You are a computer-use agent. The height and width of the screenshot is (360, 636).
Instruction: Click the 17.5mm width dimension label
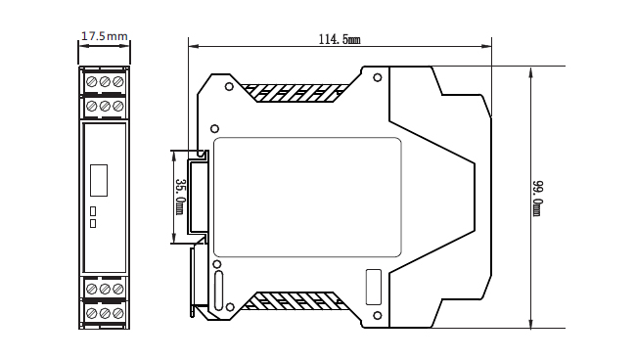pyautogui.click(x=104, y=36)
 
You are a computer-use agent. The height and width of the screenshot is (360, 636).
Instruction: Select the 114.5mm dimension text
pyautogui.click(x=340, y=39)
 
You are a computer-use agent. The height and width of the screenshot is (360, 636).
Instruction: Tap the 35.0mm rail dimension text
pyautogui.click(x=180, y=196)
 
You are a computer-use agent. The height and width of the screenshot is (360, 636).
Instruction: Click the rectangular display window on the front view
pyautogui.click(x=98, y=181)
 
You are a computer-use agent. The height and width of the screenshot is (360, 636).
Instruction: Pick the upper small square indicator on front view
pyautogui.click(x=93, y=210)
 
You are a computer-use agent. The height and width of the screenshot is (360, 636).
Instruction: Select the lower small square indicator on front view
pyautogui.click(x=93, y=223)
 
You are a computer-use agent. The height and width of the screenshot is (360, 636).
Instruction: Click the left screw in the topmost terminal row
pyautogui.click(x=91, y=81)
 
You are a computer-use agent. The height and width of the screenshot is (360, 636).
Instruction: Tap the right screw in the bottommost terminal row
pyautogui.click(x=117, y=313)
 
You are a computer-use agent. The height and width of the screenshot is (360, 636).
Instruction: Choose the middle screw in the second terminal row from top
pyautogui.click(x=104, y=105)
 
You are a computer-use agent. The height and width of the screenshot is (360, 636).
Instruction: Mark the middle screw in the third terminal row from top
pyautogui.click(x=104, y=290)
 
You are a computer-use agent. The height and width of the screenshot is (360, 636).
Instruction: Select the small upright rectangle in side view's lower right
pyautogui.click(x=373, y=286)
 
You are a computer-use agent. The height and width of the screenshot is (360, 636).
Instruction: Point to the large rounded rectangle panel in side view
pyautogui.click(x=307, y=197)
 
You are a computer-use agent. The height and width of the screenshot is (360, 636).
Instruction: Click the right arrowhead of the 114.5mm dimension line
pyautogui.click(x=488, y=45)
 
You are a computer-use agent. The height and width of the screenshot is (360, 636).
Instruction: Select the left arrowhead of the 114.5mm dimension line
pyautogui.click(x=192, y=45)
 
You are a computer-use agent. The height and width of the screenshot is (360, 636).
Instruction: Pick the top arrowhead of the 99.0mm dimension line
pyautogui.click(x=531, y=68)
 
